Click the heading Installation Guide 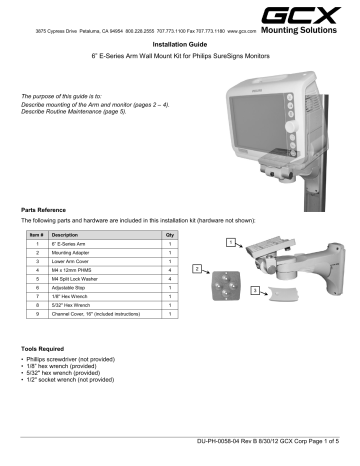pyautogui.click(x=180, y=45)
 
